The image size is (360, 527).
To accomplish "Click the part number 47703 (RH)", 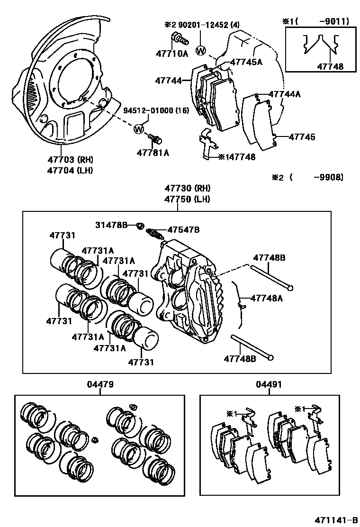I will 70,160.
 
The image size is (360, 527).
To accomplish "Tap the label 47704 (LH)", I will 70,170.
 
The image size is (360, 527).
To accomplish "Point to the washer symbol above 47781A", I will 139,128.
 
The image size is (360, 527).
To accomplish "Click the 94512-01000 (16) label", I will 156,111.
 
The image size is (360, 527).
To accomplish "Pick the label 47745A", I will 246,62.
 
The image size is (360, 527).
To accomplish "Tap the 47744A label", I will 284,94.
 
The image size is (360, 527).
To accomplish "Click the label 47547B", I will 183,230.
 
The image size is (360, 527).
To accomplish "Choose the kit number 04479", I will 100,384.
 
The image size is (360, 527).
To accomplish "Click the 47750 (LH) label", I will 187,200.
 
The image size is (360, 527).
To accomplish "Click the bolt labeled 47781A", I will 155,139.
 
